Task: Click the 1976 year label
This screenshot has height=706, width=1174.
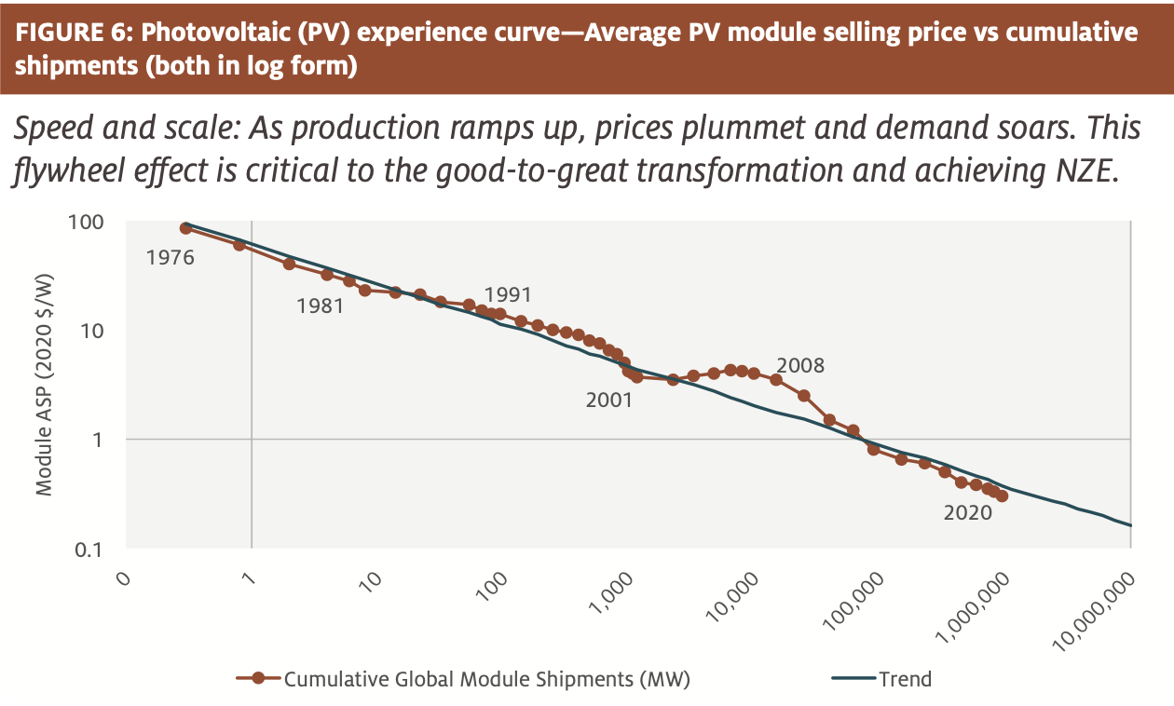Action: click(x=170, y=258)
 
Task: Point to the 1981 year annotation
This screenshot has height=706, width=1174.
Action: click(x=320, y=305)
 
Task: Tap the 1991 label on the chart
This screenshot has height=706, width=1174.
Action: click(x=507, y=295)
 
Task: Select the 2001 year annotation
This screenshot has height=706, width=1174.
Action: click(x=609, y=401)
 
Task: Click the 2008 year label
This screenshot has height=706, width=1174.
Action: click(x=800, y=366)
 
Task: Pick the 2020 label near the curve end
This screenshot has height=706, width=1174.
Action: click(x=968, y=512)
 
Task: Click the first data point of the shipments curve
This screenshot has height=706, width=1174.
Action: click(x=185, y=228)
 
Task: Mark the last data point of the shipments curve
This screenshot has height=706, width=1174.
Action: click(x=1002, y=496)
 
